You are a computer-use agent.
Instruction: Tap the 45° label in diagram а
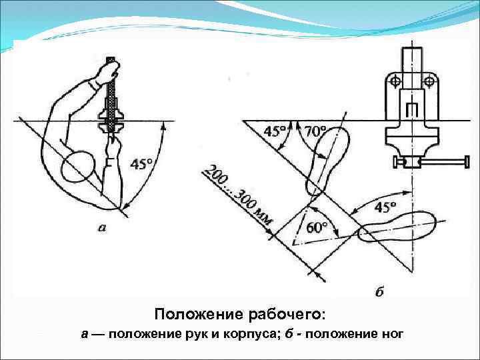(x=139, y=162)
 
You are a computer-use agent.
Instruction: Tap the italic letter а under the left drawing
(x=101, y=227)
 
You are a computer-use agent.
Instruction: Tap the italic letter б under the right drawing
(x=379, y=291)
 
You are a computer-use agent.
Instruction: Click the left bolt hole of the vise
(x=395, y=81)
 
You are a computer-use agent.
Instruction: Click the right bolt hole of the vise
(x=430, y=81)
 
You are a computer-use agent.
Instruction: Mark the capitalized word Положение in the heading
(x=194, y=313)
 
